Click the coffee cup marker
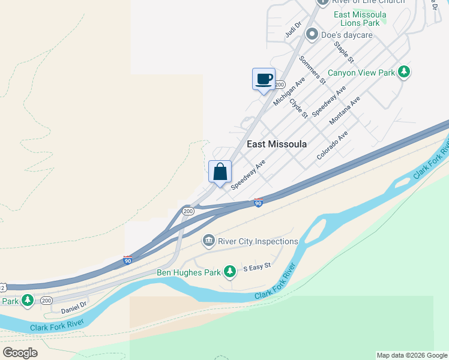pyautogui.click(x=264, y=79)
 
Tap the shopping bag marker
pyautogui.click(x=220, y=172)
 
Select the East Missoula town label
pyautogui.click(x=277, y=144)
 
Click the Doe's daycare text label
pyautogui.click(x=347, y=35)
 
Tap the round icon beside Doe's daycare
pyautogui.click(x=312, y=34)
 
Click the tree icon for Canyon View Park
pyautogui.click(x=405, y=73)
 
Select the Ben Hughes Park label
pyautogui.click(x=188, y=272)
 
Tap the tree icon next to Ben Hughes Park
pyautogui.click(x=229, y=272)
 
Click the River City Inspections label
pyautogui.click(x=258, y=241)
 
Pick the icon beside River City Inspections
pyautogui.click(x=208, y=241)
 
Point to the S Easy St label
pyautogui.click(x=257, y=265)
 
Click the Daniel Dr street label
pyautogui.click(x=74, y=307)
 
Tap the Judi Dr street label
pyautogui.click(x=293, y=29)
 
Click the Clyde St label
pyautogui.click(x=298, y=108)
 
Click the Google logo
pyautogui.click(x=20, y=353)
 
